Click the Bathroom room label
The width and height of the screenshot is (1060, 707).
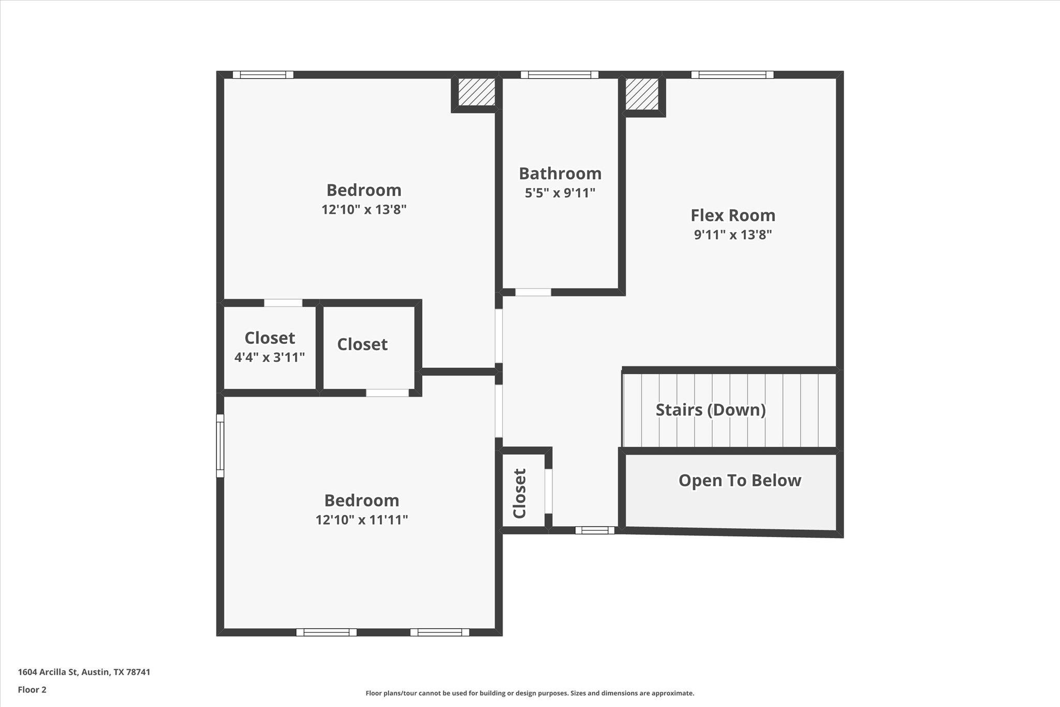(x=560, y=174)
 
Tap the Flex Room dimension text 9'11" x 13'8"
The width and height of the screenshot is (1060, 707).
(x=733, y=235)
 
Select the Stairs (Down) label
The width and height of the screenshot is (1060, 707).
(x=711, y=410)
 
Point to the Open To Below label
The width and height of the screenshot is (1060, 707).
(x=740, y=481)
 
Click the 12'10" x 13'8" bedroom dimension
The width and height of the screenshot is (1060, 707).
(x=364, y=210)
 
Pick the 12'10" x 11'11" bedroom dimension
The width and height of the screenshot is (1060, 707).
(x=362, y=520)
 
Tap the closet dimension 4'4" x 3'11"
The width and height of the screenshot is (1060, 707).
(x=270, y=357)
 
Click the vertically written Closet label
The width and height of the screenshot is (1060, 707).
(x=520, y=493)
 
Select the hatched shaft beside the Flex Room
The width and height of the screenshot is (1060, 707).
(x=642, y=94)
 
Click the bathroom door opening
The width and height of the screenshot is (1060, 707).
(x=533, y=292)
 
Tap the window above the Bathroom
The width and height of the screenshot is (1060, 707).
(x=560, y=75)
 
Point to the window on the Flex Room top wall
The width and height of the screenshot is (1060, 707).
(x=732, y=75)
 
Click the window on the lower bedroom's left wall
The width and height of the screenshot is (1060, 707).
(x=220, y=445)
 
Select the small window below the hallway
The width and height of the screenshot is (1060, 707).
(x=595, y=530)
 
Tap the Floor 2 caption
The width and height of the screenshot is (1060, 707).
(x=32, y=690)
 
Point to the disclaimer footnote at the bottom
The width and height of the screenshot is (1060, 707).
(x=529, y=693)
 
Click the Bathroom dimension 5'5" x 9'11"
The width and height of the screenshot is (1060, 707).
(x=560, y=193)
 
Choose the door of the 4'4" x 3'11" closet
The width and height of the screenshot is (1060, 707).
(x=283, y=303)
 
